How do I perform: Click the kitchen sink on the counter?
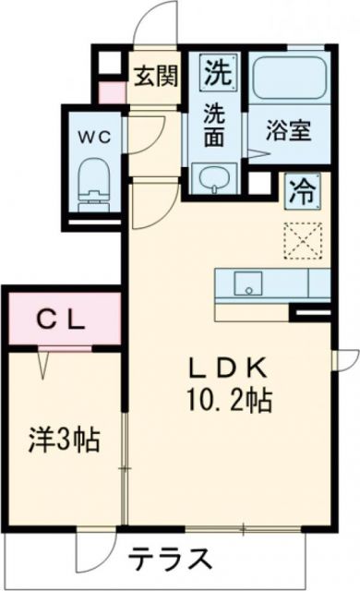(246, 283)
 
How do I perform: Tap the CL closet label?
(62, 320)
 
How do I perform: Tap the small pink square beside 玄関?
(111, 92)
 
